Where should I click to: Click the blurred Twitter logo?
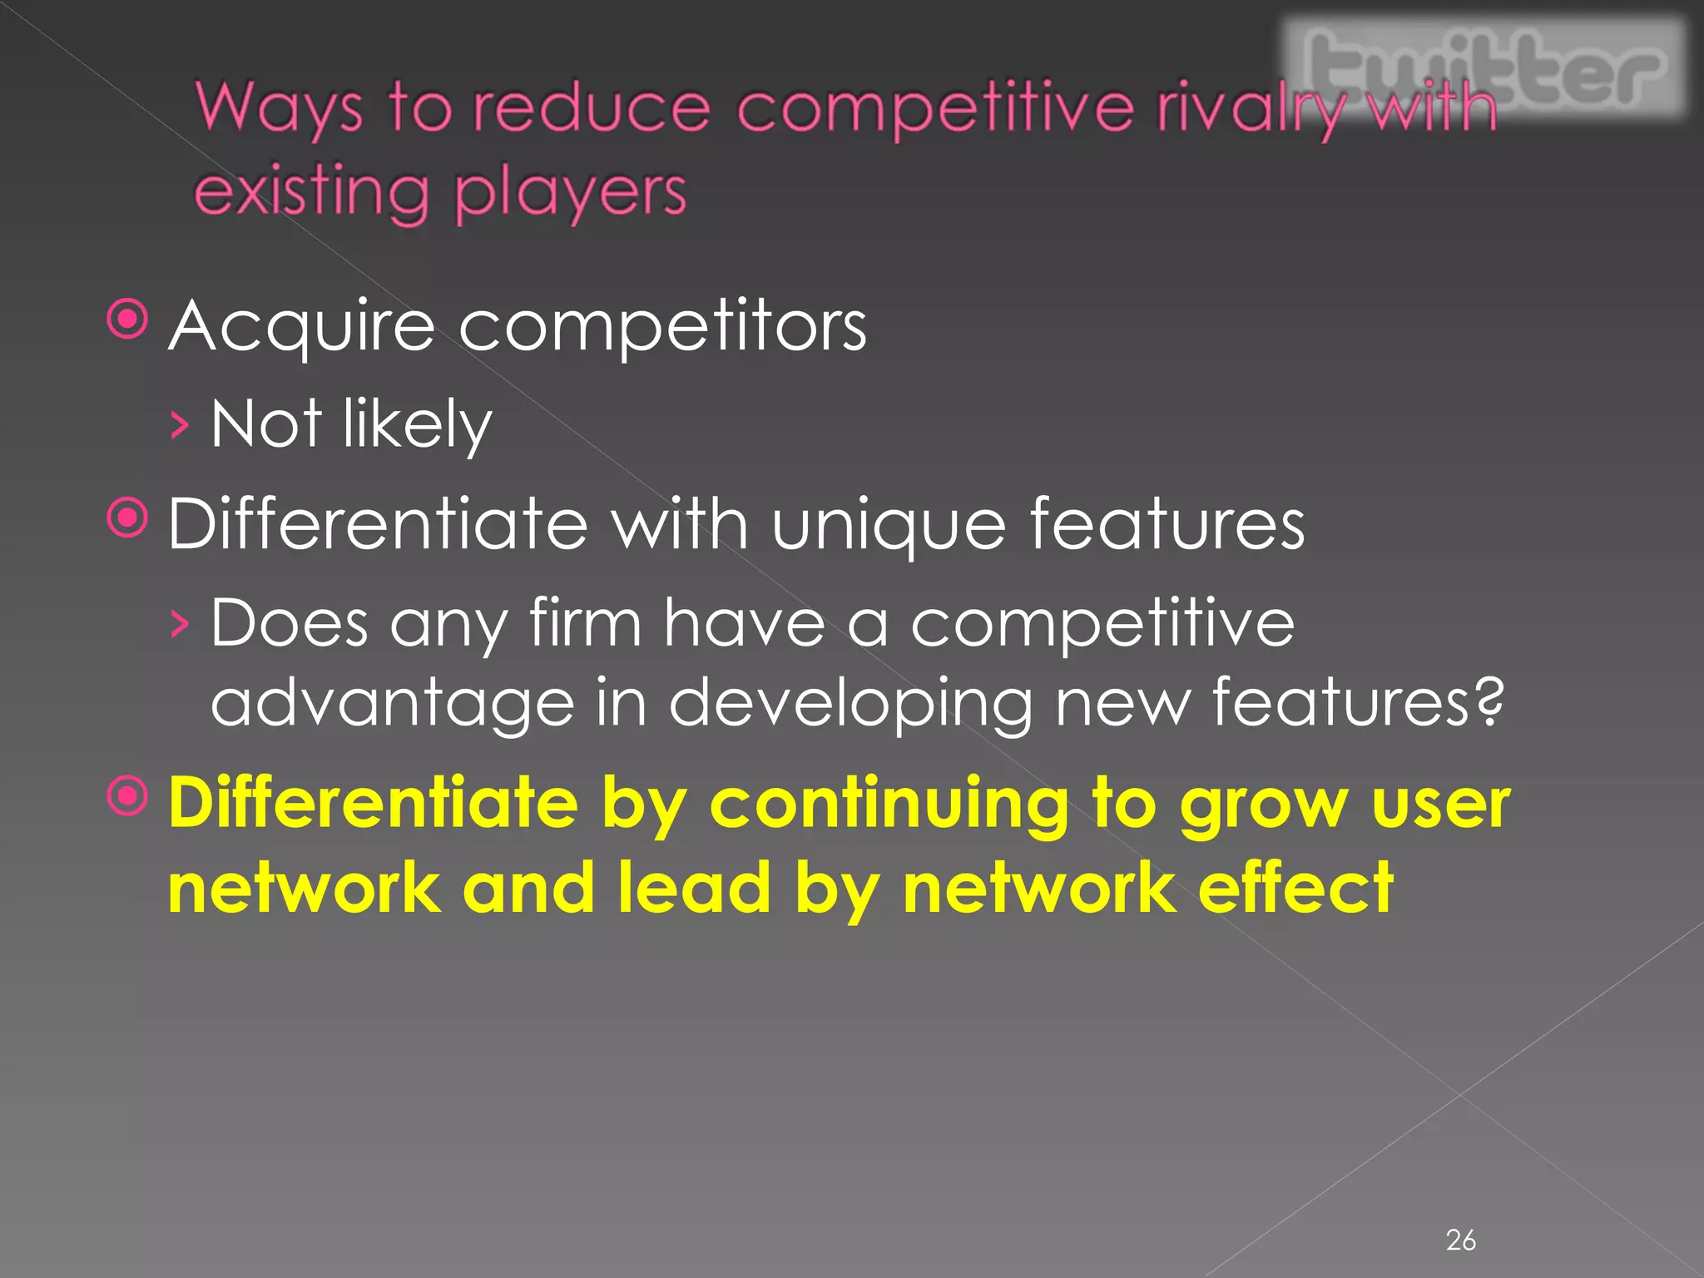click(x=1485, y=68)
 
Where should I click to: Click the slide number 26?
click(x=1460, y=1241)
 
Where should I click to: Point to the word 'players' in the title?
click(x=571, y=193)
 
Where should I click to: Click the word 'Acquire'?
click(x=301, y=326)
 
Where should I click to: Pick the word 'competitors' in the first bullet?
click(x=662, y=326)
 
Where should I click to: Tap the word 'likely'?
click(x=417, y=424)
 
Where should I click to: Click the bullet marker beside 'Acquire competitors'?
click(x=128, y=320)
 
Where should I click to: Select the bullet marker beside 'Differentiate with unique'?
click(x=128, y=519)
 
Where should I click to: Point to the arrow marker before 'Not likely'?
click(x=179, y=427)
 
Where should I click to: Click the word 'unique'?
click(x=888, y=526)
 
